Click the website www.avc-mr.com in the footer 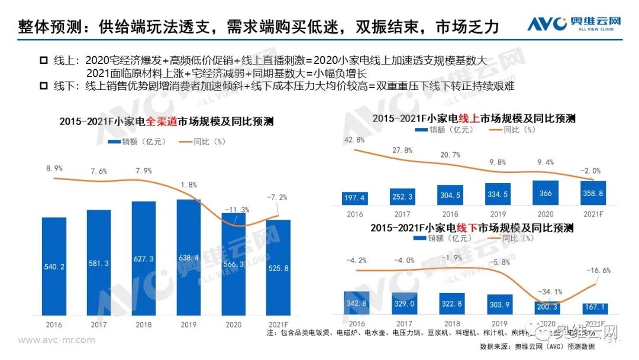point(57,340)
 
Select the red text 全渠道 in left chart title point(151,122)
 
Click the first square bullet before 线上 point(43,60)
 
